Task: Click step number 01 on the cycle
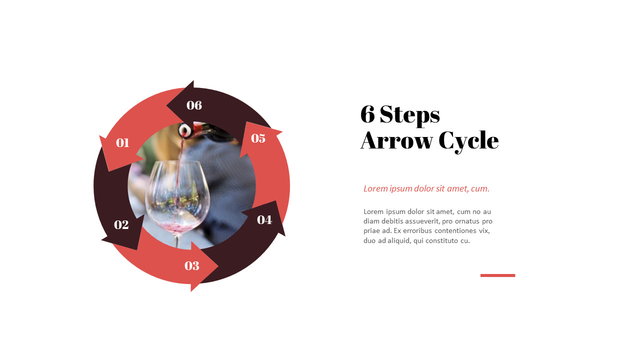coord(122,143)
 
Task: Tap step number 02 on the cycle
coord(121,225)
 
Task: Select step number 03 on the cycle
coord(192,266)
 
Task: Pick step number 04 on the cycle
coord(264,219)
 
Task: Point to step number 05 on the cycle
coord(258,138)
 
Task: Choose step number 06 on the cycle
coord(194,105)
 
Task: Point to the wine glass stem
coord(176,240)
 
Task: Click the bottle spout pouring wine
coord(185,130)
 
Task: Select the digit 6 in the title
coord(367,114)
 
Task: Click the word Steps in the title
coord(409,114)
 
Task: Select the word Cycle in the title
coord(468,140)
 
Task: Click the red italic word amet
coord(457,188)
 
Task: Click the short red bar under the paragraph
coord(497,275)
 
